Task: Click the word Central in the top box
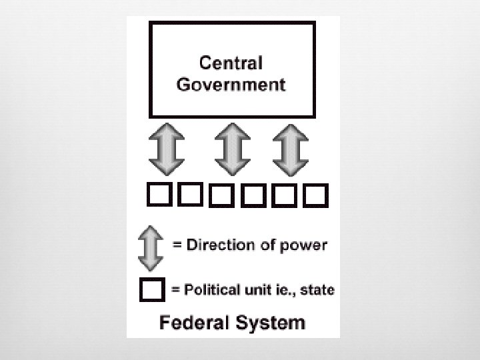tap(232, 63)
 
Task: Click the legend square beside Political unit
tap(152, 290)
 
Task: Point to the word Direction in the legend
tap(217, 245)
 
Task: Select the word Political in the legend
tap(211, 290)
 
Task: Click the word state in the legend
tap(319, 290)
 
